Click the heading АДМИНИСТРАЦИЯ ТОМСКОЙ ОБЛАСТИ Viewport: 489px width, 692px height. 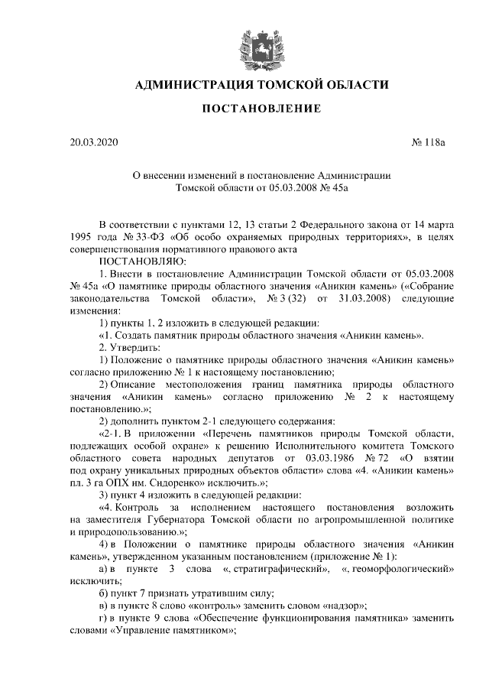261,84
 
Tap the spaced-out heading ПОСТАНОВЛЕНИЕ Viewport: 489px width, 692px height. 261,110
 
